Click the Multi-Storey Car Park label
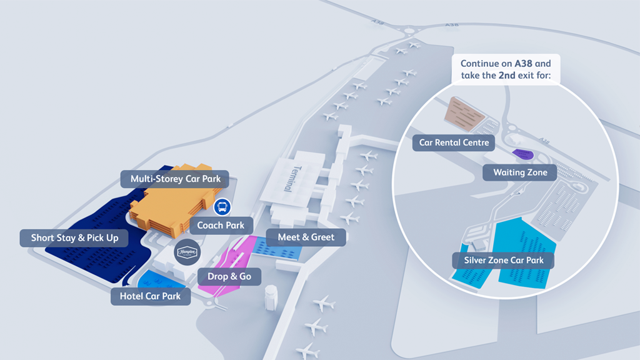pyautogui.click(x=176, y=179)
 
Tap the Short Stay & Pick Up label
pyautogui.click(x=75, y=238)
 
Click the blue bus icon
pyautogui.click(x=221, y=207)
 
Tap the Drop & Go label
pyautogui.click(x=229, y=276)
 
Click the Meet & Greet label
pyautogui.click(x=306, y=237)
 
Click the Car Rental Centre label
pyautogui.click(x=454, y=142)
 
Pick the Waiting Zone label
pyautogui.click(x=520, y=172)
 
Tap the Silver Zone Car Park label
pyautogui.click(x=504, y=260)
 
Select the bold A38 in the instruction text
pyautogui.click(x=524, y=64)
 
